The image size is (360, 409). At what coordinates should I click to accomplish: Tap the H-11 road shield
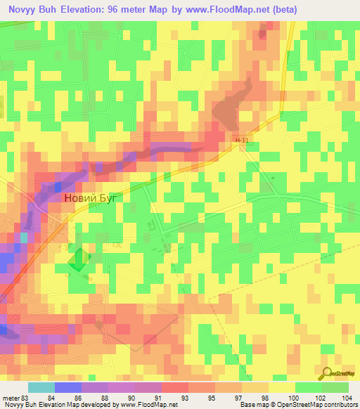tap(243, 141)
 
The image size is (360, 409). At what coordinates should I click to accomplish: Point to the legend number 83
tap(28, 397)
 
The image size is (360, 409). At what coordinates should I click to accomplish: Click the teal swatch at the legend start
tap(41, 387)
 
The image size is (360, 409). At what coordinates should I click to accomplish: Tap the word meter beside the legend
tap(11, 397)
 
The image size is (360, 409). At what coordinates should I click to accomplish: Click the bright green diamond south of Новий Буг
tap(79, 261)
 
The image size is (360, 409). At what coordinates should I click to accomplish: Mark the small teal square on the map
tap(24, 238)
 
